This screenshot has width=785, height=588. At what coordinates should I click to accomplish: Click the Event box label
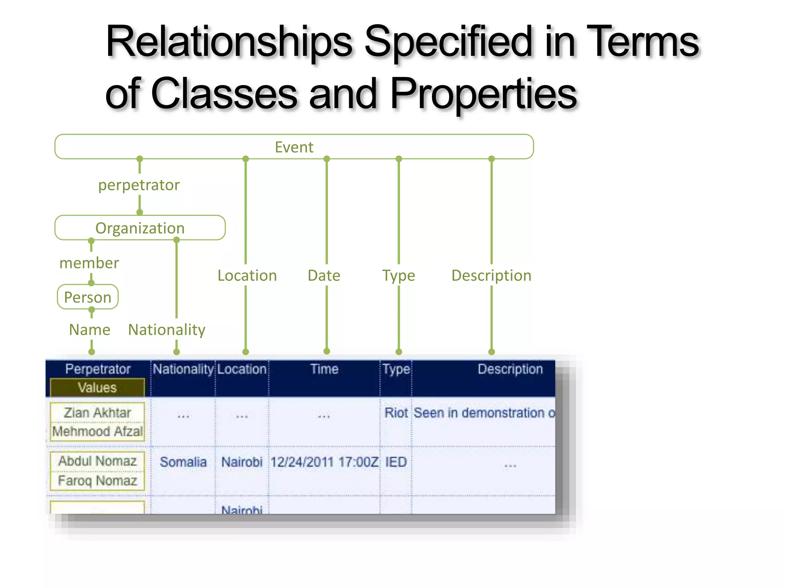click(x=294, y=147)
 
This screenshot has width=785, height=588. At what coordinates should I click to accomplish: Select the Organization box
click(x=140, y=228)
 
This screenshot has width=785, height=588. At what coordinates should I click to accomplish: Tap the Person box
click(x=88, y=297)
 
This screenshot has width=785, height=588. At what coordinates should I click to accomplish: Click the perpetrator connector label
click(x=139, y=185)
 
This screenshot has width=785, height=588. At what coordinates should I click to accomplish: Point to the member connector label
click(x=89, y=263)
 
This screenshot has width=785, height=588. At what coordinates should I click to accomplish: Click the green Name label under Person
click(x=90, y=330)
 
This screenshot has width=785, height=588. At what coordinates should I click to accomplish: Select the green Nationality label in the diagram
click(x=167, y=330)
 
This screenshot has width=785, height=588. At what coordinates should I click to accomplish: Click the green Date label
click(x=324, y=276)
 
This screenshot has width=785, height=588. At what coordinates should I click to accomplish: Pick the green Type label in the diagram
click(x=399, y=276)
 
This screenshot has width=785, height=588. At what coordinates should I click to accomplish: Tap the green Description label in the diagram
click(x=491, y=276)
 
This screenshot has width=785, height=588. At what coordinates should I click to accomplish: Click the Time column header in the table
click(x=324, y=369)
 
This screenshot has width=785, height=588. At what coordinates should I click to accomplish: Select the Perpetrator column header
click(x=98, y=369)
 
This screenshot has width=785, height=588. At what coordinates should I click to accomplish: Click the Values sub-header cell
click(x=97, y=388)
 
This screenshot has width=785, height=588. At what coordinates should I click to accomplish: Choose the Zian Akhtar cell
click(x=97, y=413)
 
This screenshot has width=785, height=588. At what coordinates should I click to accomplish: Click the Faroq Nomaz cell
click(x=97, y=480)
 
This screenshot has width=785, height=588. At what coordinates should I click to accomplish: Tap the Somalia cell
click(x=183, y=462)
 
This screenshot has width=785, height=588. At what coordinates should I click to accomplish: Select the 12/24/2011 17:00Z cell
click(x=324, y=462)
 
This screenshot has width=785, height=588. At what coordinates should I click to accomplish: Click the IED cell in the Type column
click(x=396, y=462)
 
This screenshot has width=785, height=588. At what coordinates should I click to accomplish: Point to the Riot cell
click(x=396, y=413)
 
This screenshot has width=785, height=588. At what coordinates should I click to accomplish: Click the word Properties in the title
click(x=483, y=93)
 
